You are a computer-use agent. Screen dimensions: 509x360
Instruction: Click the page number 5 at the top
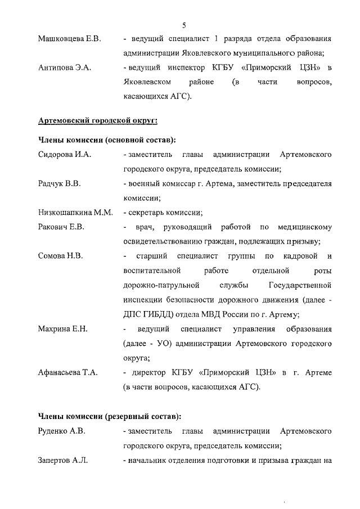coord(184,25)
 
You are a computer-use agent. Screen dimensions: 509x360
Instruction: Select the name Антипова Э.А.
coord(65,68)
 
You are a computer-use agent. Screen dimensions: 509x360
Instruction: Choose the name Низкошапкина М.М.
coord(75,213)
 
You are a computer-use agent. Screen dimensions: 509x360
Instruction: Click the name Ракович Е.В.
coord(61,227)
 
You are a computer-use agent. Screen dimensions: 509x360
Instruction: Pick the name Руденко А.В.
coord(62,431)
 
